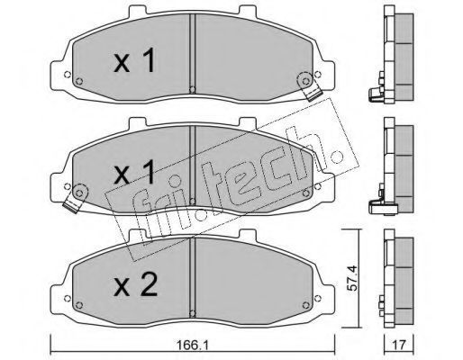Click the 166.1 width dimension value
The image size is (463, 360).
[x=193, y=345]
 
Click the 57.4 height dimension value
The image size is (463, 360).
[x=352, y=278]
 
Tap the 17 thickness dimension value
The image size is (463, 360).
[x=399, y=345]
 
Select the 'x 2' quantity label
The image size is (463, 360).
[x=135, y=285]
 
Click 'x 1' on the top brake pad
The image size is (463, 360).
[x=134, y=60]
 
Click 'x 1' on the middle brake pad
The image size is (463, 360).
[x=134, y=172]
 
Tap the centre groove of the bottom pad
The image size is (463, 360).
[x=193, y=277]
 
